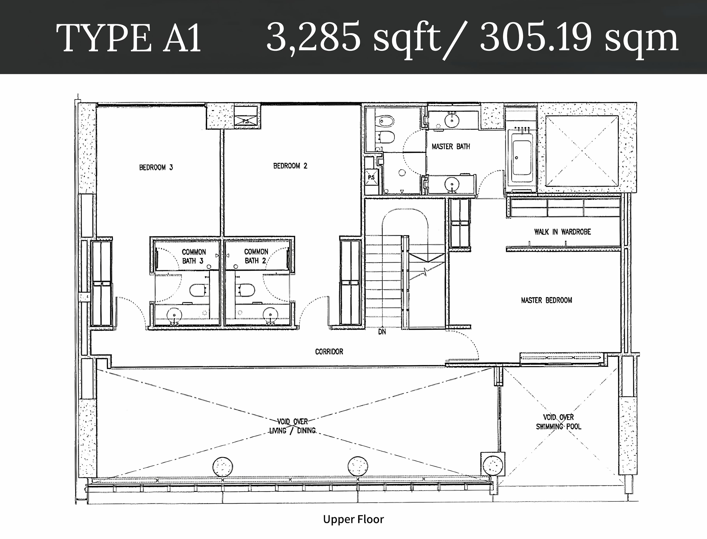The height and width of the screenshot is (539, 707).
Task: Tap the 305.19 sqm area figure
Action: pos(579,38)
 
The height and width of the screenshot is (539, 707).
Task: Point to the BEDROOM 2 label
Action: pos(290,166)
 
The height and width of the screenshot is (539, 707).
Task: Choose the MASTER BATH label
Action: pos(451,147)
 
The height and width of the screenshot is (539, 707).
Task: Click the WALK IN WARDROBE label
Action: pos(562,232)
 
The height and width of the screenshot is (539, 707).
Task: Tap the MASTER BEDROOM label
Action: pos(546,300)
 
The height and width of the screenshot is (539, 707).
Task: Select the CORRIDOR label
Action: pos(329,352)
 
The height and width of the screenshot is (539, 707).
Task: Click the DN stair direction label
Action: pos(382,332)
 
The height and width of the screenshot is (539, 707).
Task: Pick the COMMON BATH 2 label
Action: pos(256,256)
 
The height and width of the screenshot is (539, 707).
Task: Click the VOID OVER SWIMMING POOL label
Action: pos(558,422)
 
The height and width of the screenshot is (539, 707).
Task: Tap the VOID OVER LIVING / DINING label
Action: pos(292,426)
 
